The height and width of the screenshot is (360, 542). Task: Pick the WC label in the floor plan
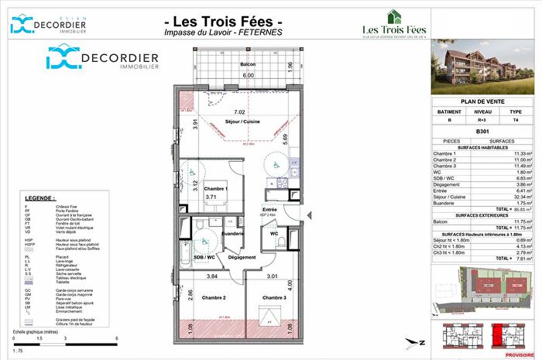click(x=275, y=233)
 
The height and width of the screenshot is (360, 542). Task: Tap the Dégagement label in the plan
click(x=242, y=257)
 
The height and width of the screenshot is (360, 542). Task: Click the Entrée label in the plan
click(x=269, y=210)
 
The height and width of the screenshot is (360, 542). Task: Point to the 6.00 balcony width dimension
click(x=249, y=75)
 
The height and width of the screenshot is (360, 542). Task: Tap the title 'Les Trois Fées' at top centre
click(x=225, y=19)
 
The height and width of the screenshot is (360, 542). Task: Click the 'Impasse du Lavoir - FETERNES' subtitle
click(x=225, y=32)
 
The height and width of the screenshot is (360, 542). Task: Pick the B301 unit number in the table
click(x=483, y=131)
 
